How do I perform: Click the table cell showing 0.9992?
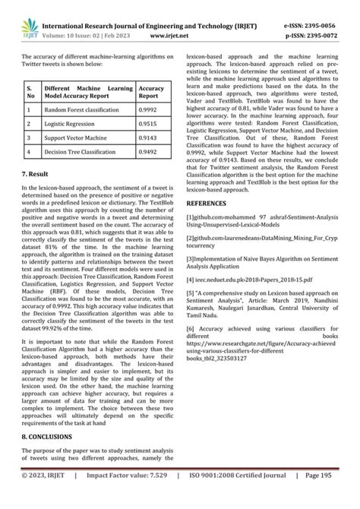point(149,109)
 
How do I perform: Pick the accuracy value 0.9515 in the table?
point(149,123)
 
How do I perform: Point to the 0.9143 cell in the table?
point(149,138)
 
